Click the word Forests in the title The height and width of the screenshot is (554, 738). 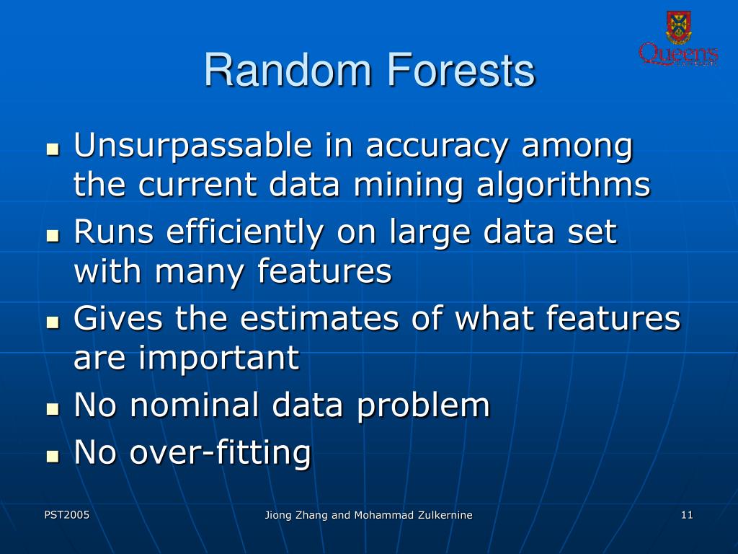pos(461,71)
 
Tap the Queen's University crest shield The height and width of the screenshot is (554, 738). pos(678,27)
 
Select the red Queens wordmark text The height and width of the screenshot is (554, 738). pos(678,54)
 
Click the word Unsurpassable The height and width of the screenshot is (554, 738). pos(193,146)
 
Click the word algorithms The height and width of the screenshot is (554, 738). pos(563,186)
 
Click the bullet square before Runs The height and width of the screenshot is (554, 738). pos(52,236)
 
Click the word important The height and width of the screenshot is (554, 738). pos(218,359)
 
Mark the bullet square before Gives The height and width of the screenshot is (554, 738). pos(52,322)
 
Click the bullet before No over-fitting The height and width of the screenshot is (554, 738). pos(52,456)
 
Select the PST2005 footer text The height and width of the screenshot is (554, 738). pos(66,514)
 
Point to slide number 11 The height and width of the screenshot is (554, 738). pos(686,514)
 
